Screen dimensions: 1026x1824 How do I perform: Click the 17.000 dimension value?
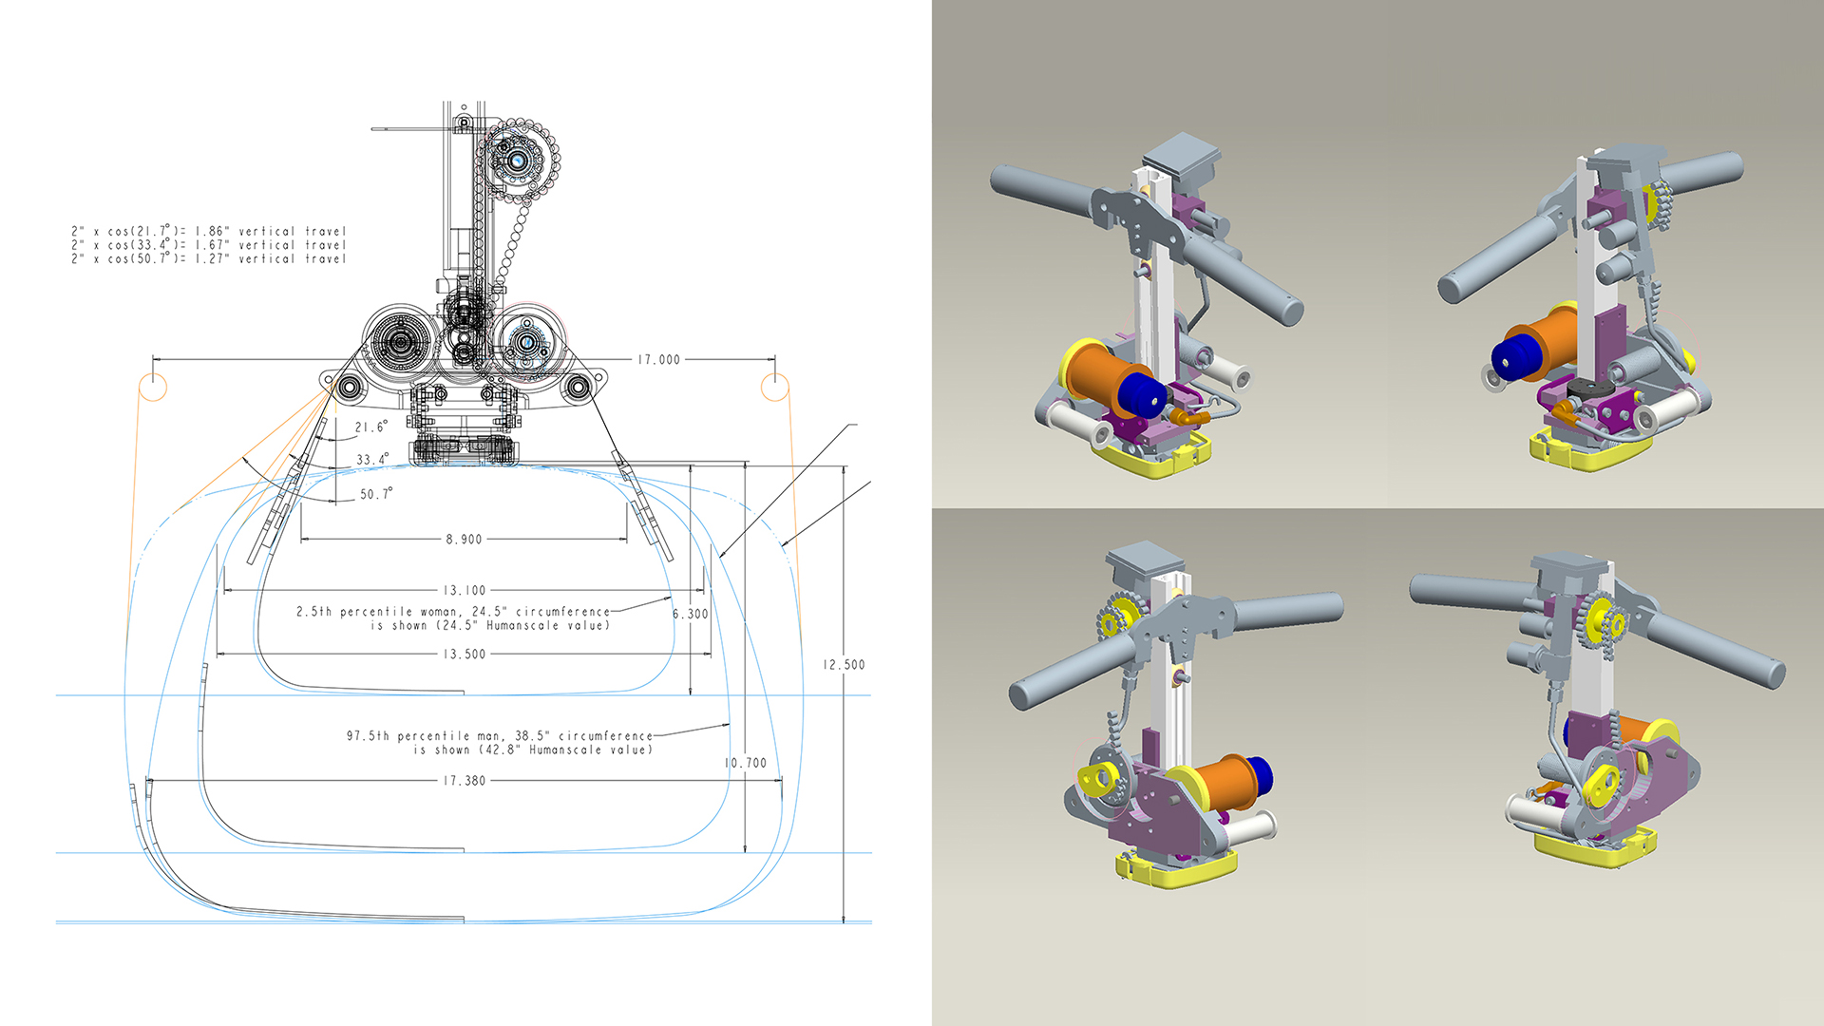658,360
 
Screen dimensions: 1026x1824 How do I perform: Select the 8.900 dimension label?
464,540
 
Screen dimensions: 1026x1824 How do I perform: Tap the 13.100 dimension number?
464,591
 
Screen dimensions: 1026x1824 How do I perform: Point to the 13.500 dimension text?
464,655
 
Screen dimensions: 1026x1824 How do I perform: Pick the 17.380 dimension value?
464,781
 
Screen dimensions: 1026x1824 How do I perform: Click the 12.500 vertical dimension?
844,665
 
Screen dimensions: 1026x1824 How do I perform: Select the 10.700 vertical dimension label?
745,763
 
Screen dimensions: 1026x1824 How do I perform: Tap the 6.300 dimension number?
691,615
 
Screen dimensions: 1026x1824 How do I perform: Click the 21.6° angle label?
370,427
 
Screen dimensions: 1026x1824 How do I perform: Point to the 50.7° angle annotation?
375,494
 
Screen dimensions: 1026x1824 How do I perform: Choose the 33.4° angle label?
371,460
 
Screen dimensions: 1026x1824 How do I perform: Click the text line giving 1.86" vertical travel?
209,231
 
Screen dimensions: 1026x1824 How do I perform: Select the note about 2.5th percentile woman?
453,618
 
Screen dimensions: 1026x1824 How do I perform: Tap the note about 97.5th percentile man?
500,743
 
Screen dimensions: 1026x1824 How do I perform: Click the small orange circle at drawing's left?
153,388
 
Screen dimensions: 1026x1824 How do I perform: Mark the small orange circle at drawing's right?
775,388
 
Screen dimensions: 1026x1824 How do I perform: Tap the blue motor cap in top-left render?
1141,394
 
